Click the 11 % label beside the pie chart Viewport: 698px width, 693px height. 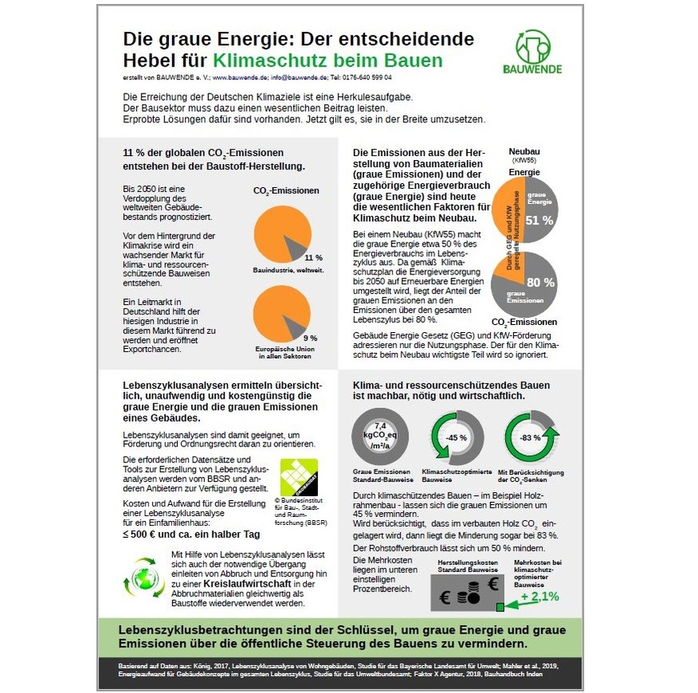313,258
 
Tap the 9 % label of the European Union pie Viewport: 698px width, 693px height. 311,338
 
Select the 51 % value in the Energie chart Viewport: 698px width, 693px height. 538,220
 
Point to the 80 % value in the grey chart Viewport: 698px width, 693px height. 539,282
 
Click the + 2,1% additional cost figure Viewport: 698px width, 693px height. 540,596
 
